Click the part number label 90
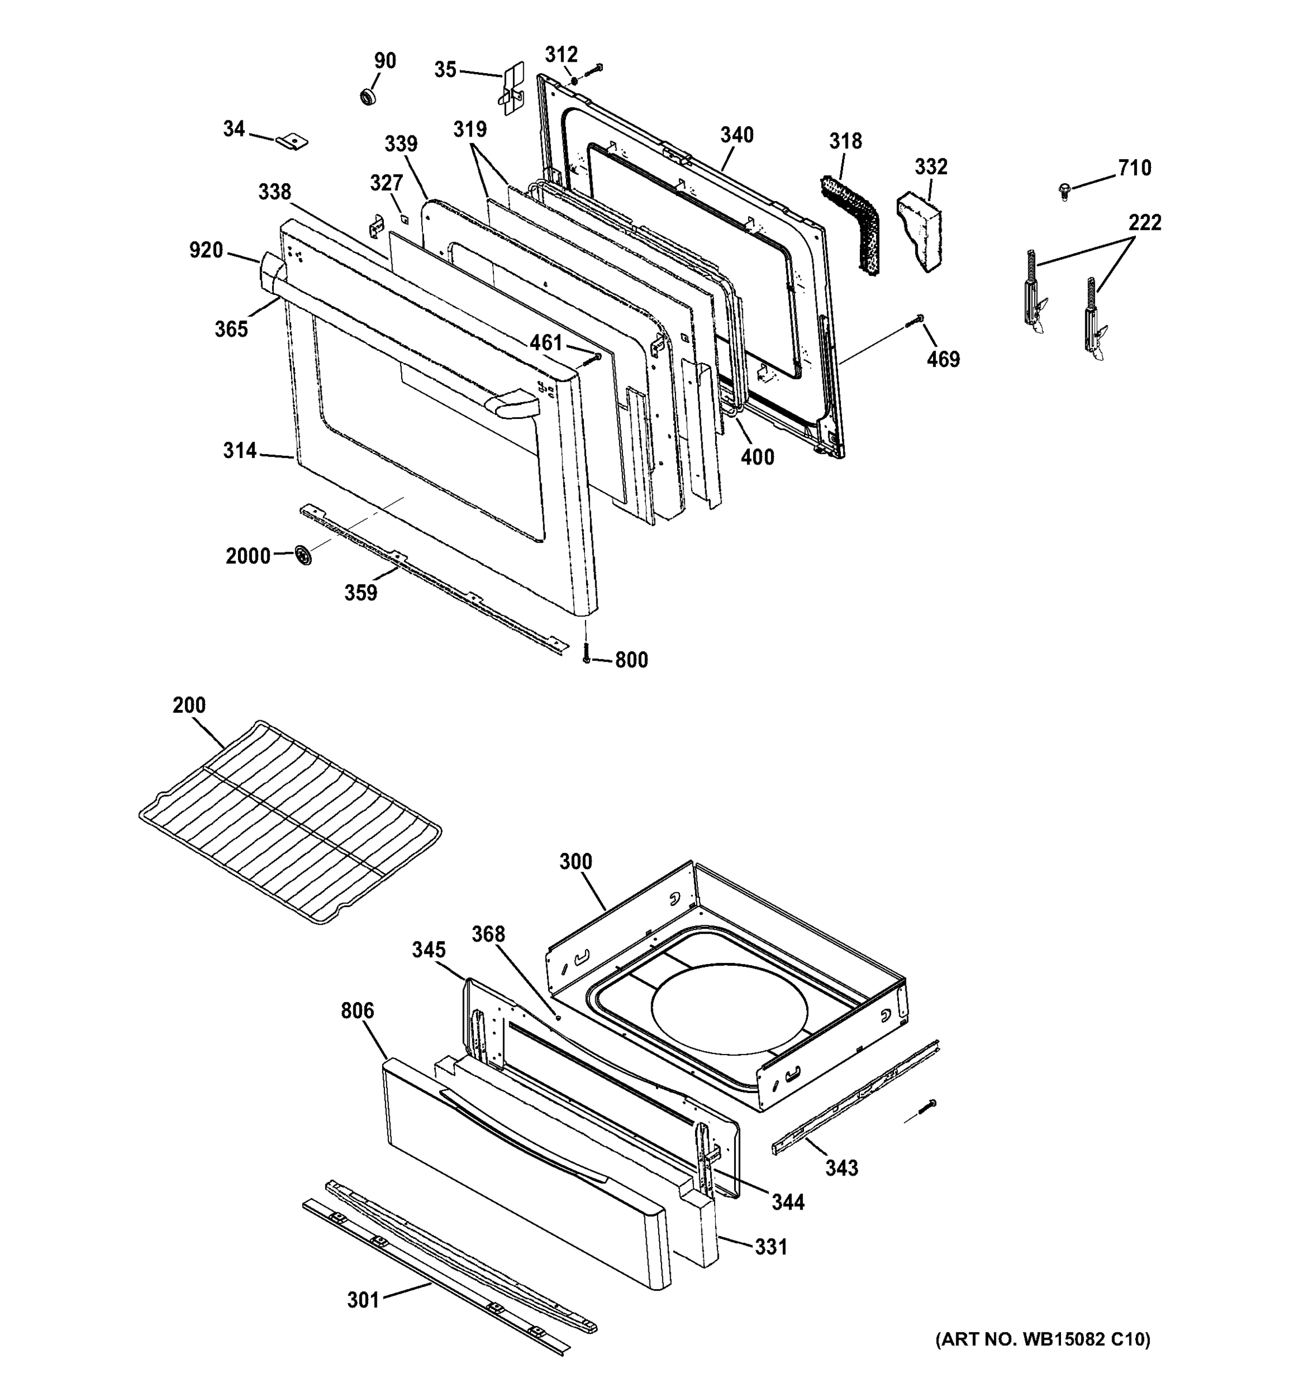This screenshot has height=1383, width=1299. tap(385, 61)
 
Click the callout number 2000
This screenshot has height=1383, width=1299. tap(248, 556)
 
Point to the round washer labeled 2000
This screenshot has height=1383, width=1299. tap(303, 556)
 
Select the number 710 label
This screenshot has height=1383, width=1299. tap(1135, 168)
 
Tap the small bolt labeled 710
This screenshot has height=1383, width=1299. tap(1064, 191)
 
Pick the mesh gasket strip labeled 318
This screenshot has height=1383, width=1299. tap(852, 222)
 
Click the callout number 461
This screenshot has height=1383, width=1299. tap(546, 342)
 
